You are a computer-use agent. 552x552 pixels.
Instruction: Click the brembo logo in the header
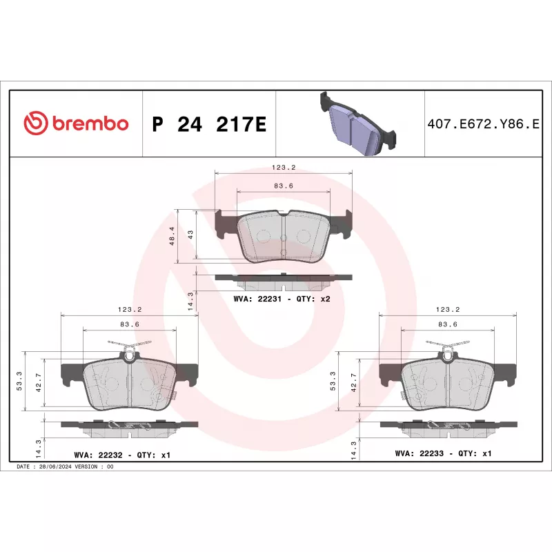point(77,124)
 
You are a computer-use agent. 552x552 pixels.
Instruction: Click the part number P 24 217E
point(208,125)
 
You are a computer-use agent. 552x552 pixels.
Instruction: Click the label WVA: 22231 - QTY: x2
point(282,299)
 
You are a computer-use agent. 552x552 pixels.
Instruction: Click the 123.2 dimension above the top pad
point(284,168)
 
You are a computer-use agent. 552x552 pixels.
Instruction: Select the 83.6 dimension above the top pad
point(284,186)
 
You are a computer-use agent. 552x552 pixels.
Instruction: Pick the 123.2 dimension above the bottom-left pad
point(130,310)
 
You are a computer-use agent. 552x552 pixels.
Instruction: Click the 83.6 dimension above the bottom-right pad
point(448,324)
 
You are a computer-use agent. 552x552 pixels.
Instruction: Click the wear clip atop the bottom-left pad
point(130,348)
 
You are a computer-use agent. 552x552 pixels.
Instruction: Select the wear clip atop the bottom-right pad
point(448,348)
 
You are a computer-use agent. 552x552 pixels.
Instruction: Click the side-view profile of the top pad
point(284,279)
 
